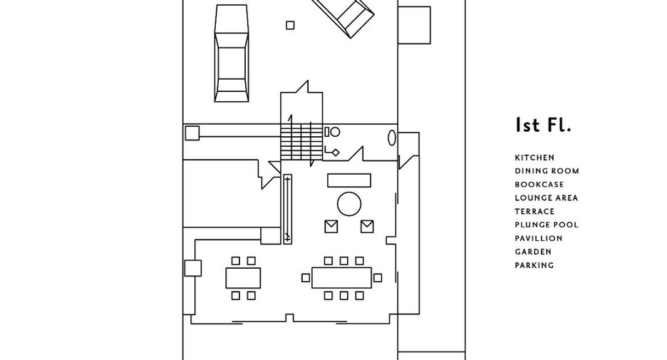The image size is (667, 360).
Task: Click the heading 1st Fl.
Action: coord(543,125)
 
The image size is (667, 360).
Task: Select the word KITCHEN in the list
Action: coord(534,158)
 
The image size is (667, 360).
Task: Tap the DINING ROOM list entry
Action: coord(547,171)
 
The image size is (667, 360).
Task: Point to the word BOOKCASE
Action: coord(539,185)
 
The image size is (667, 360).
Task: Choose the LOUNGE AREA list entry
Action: coord(546,198)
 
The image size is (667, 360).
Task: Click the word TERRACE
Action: coord(534,212)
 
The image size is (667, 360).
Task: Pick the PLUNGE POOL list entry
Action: coord(547,225)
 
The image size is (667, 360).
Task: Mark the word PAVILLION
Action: coord(539,238)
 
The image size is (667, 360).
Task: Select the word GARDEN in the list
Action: coord(533,252)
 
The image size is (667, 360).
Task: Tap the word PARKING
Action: coord(534,265)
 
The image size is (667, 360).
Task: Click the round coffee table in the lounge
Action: coord(349,204)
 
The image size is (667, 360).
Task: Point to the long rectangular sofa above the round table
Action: coord(349,180)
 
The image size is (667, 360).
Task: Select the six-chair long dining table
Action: coord(341,278)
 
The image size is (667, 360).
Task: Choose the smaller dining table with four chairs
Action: coord(243,278)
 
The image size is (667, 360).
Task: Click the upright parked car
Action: coord(232,53)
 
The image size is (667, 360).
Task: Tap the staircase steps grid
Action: coord(301,142)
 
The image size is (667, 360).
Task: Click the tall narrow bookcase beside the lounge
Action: coord(288,209)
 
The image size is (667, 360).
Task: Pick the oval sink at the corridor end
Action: coord(392,138)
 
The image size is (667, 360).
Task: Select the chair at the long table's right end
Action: coord(377,278)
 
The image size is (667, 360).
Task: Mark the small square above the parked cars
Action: coord(290,26)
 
